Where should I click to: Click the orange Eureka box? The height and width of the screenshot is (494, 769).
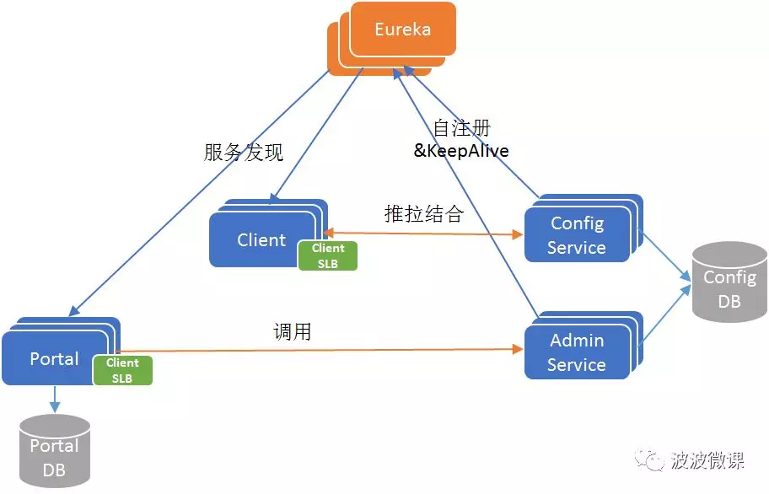(x=402, y=30)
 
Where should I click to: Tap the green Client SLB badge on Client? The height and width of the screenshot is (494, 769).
(x=327, y=255)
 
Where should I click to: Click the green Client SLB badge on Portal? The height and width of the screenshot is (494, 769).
(x=122, y=370)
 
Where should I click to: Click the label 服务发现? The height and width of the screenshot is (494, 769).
(x=244, y=153)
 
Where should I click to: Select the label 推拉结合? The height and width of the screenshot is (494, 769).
(x=423, y=214)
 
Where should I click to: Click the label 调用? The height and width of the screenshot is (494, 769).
(x=293, y=332)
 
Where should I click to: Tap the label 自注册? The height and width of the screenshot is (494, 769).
(x=461, y=129)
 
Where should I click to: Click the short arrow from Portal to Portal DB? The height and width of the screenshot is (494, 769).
(x=54, y=399)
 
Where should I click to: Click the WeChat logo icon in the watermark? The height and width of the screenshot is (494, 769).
(x=653, y=460)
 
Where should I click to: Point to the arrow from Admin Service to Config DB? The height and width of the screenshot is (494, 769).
(x=666, y=316)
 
